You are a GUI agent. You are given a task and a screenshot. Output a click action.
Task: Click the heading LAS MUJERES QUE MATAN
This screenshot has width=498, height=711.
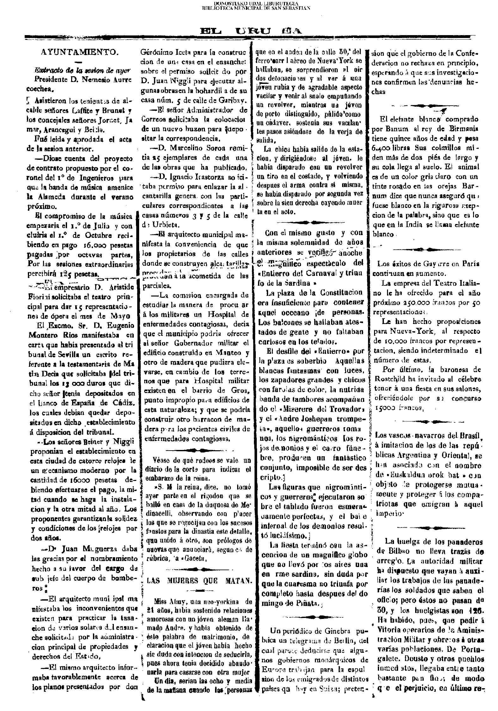point(200,580)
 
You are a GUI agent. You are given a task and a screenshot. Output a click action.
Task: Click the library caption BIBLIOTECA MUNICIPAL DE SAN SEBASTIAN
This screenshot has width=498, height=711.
point(256,8)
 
